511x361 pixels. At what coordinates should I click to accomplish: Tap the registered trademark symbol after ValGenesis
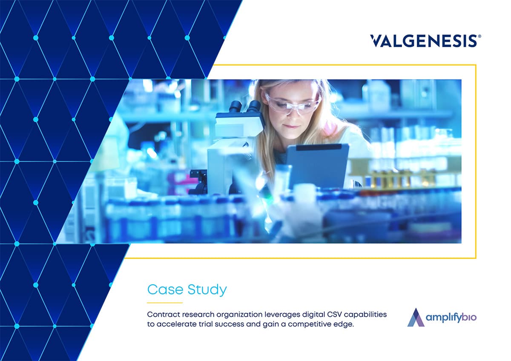[x=480, y=37]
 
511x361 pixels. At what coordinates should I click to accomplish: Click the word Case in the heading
[x=165, y=290]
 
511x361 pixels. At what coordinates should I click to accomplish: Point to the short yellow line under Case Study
[x=165, y=303]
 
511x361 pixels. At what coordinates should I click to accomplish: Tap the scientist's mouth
[x=291, y=126]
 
